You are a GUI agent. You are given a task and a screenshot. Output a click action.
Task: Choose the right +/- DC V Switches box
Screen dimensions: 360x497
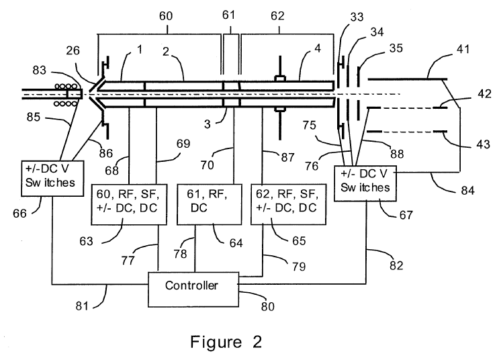365,179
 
